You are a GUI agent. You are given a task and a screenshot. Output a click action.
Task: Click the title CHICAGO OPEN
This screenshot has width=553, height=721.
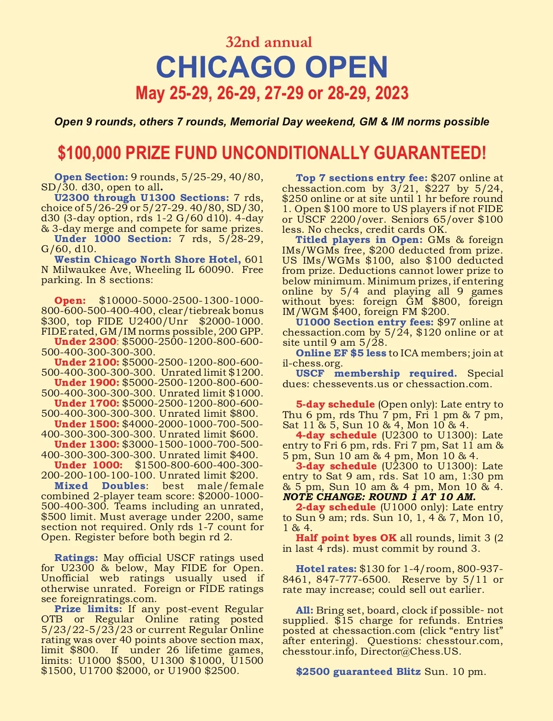[272, 67]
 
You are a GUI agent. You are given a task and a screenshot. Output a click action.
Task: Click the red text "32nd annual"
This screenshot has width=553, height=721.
[269, 42]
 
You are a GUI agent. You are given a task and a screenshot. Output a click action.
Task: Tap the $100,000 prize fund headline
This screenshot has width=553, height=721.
[272, 153]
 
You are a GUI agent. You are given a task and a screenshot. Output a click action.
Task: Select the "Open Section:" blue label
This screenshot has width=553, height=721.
[91, 177]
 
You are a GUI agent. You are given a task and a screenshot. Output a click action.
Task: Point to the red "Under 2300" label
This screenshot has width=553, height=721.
[85, 342]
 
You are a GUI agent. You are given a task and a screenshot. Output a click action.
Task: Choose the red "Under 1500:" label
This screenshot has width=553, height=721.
[87, 424]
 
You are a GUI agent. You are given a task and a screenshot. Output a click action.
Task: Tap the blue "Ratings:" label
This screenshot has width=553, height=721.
[76, 558]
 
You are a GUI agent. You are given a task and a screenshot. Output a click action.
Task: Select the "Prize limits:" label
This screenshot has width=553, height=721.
[88, 609]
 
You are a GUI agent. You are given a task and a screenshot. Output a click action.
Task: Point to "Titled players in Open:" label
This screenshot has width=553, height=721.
[359, 240]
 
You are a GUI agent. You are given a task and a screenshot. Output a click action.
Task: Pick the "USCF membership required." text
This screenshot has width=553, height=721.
[376, 373]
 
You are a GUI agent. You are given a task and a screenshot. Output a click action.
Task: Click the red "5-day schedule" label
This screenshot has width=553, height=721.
[335, 404]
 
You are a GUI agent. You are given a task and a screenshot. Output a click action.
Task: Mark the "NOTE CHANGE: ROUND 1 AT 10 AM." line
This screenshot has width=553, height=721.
[379, 497]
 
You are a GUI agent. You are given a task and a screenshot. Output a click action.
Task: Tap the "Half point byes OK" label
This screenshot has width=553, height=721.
[346, 538]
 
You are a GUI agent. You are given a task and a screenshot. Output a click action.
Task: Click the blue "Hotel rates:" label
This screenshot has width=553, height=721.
[326, 569]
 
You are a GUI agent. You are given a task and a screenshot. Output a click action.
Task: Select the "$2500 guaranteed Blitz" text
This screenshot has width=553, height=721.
[358, 672]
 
